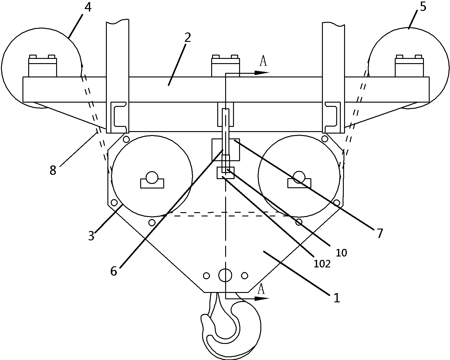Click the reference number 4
click(x=88, y=8)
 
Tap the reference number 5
click(x=423, y=7)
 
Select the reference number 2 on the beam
click(x=188, y=38)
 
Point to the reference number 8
click(x=53, y=170)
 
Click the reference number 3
click(x=91, y=236)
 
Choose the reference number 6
click(x=114, y=271)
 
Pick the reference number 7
click(x=380, y=233)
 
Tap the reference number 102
click(x=322, y=264)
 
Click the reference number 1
click(x=337, y=298)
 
